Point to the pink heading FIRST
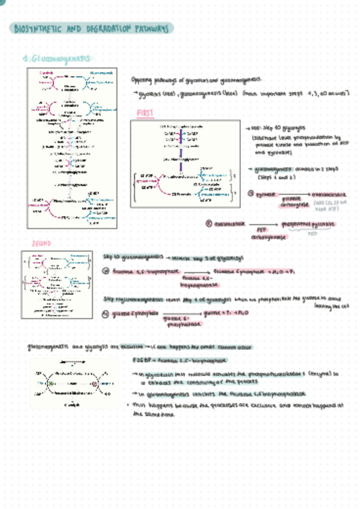point(146,113)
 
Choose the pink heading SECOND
point(40,244)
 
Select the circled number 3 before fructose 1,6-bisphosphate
point(106,271)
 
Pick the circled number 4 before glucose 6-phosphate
point(106,313)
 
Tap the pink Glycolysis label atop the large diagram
point(46,73)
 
